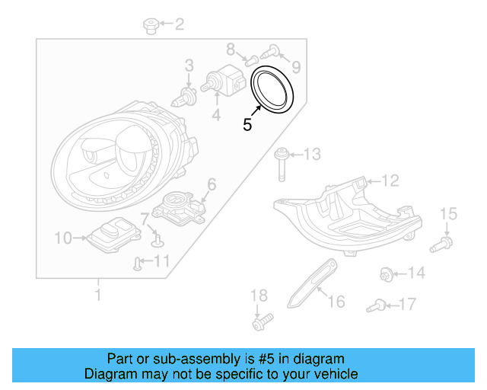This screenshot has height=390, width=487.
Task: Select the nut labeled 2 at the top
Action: click(x=150, y=27)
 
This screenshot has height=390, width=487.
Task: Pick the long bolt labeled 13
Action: click(x=281, y=161)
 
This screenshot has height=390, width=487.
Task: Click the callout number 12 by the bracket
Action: click(x=390, y=181)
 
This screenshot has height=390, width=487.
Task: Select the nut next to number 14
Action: click(x=386, y=273)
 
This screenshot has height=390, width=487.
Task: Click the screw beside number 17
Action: click(x=374, y=306)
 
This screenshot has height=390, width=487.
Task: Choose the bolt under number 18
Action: click(x=261, y=322)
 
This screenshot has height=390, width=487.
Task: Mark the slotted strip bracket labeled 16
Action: click(x=312, y=283)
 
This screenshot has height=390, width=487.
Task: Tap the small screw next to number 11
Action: click(x=137, y=264)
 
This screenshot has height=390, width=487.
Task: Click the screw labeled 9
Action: click(x=271, y=52)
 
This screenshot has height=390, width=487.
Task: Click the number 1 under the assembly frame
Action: click(x=97, y=292)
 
